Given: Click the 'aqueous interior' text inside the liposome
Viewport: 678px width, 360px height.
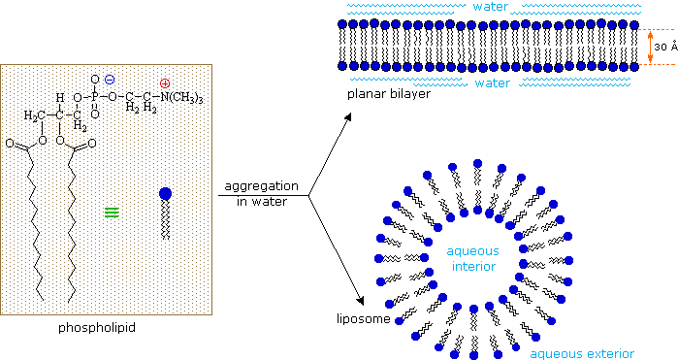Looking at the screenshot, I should (x=472, y=257).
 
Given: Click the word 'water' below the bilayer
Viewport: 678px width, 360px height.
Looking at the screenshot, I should (x=492, y=83).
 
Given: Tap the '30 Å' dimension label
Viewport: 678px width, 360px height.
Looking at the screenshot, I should (x=664, y=47).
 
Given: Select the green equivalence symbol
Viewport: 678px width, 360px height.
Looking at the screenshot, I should (x=112, y=210).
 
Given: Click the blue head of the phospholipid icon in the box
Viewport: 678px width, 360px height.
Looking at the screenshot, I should (x=164, y=194).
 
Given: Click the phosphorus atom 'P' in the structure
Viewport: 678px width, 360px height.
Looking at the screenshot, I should (x=94, y=94).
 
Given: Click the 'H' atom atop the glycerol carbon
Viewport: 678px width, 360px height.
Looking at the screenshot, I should (x=59, y=98).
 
